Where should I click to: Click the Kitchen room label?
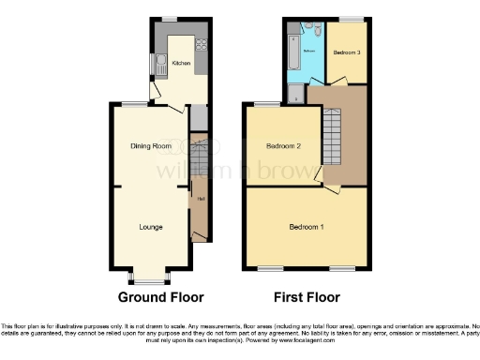[181, 63]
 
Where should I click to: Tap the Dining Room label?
[150, 145]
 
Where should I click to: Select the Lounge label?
[150, 226]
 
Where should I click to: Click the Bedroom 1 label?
[307, 228]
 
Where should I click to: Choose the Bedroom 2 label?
[282, 146]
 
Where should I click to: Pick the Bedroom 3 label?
[347, 52]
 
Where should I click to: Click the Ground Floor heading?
[160, 297]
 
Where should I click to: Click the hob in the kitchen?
[200, 45]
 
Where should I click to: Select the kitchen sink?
[160, 65]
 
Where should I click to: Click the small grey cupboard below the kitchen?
[198, 118]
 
